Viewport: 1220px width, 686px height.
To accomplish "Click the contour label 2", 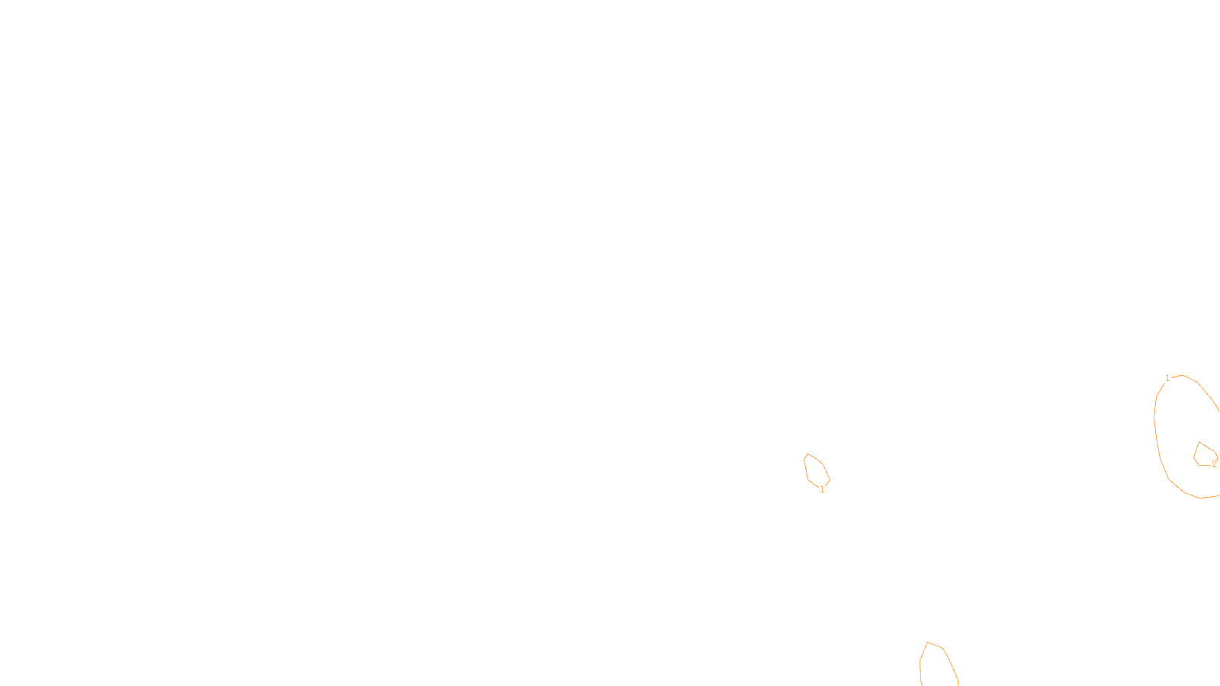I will [x=1214, y=464].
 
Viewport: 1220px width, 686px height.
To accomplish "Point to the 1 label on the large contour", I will [x=1167, y=378].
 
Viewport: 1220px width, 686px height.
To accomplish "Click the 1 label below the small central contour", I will [x=822, y=489].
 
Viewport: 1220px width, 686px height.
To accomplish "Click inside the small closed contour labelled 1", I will [x=816, y=470].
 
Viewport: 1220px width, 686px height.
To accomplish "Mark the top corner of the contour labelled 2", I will [x=1199, y=442].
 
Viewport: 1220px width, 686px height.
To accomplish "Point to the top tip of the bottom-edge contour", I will [x=928, y=643].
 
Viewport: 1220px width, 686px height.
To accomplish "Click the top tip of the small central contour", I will [x=807, y=454].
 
